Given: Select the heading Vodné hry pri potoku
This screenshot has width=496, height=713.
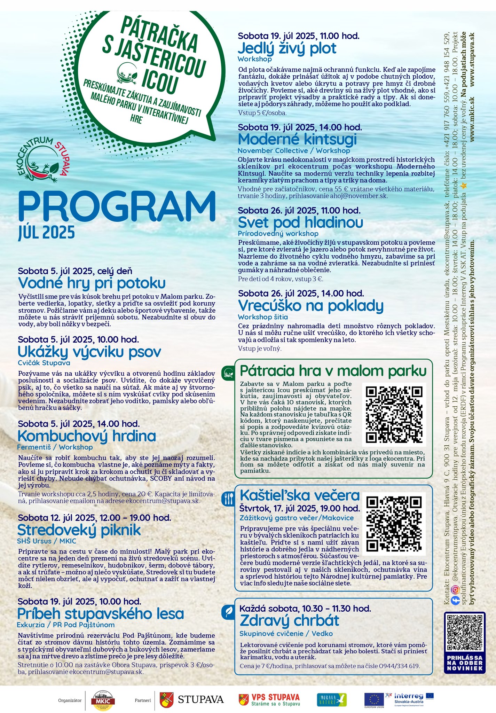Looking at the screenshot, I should click(x=92, y=283).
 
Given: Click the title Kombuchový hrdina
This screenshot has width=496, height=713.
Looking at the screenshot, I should click(x=86, y=436).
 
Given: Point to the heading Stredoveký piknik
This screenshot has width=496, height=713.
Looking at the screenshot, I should click(x=79, y=530).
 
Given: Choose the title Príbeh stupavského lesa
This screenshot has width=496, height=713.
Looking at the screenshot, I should click(x=101, y=613).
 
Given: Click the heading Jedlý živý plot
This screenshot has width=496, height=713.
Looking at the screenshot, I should click(x=287, y=48).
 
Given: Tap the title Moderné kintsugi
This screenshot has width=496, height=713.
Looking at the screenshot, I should click(x=297, y=139).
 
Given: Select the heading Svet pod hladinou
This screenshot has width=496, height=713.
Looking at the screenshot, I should click(x=300, y=222).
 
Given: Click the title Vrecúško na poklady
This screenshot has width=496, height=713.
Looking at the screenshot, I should click(x=310, y=305).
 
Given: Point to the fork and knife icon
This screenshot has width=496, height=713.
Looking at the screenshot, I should click(x=228, y=499).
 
